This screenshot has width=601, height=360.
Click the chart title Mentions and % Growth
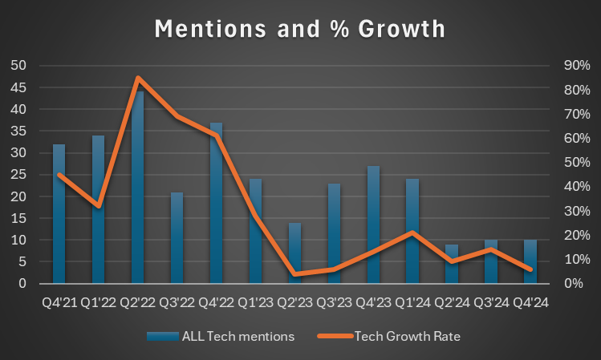[x=300, y=28]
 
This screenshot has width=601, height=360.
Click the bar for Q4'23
[x=373, y=224]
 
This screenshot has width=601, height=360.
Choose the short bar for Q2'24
[x=452, y=264]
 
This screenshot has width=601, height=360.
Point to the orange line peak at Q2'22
[x=138, y=79]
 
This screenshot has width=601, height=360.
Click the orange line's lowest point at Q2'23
[x=295, y=274]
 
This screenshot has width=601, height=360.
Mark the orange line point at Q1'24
[x=412, y=233]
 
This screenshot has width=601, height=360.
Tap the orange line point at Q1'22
[x=98, y=206]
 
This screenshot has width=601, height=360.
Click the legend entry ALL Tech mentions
[x=220, y=337]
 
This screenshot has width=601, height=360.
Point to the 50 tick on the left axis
[x=17, y=66]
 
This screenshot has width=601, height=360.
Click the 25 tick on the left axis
[x=17, y=175]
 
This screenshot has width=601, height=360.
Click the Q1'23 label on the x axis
[x=255, y=302]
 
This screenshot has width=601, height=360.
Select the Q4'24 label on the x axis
[x=530, y=302]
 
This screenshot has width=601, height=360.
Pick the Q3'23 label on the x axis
[x=334, y=302]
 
